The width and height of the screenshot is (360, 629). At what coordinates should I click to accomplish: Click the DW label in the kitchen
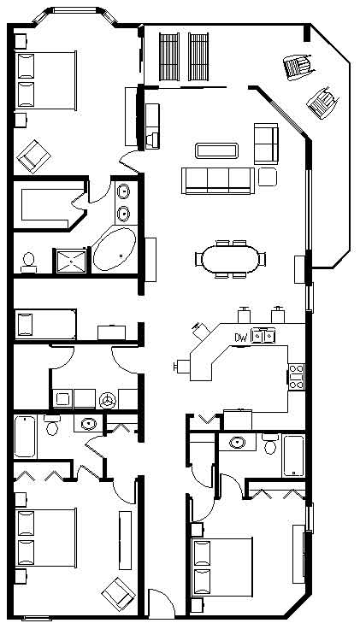[x=240, y=338]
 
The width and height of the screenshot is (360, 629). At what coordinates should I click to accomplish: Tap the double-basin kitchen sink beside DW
[x=263, y=335]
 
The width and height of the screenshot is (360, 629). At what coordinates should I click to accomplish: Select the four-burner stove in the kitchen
[x=297, y=376]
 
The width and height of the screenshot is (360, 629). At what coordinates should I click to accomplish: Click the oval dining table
[x=230, y=259]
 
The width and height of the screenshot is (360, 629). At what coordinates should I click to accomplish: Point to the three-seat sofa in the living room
[x=218, y=180]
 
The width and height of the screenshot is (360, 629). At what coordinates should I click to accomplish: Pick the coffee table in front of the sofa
[x=216, y=150]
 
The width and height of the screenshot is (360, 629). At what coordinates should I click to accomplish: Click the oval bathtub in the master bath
[x=115, y=250]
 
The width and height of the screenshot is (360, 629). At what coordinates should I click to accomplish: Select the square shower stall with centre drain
[x=72, y=262]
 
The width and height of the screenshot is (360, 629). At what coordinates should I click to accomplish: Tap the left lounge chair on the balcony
[x=170, y=56]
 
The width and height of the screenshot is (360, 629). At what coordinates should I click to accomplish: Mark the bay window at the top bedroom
[x=76, y=13]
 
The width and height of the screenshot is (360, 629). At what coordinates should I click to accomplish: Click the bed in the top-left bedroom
[x=45, y=80]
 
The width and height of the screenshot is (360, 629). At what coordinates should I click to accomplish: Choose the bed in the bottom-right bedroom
[x=222, y=567]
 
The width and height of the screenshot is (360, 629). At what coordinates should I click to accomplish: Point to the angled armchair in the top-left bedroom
[x=34, y=156]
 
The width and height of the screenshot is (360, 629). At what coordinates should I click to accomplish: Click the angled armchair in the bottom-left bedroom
[x=119, y=594]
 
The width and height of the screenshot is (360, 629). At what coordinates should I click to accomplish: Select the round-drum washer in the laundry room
[x=108, y=400]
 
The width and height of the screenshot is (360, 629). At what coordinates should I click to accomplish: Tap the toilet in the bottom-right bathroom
[x=270, y=444]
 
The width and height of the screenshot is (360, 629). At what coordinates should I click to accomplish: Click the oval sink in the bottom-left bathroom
[x=88, y=424]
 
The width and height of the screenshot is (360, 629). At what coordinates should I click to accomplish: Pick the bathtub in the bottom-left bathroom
[x=26, y=437]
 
